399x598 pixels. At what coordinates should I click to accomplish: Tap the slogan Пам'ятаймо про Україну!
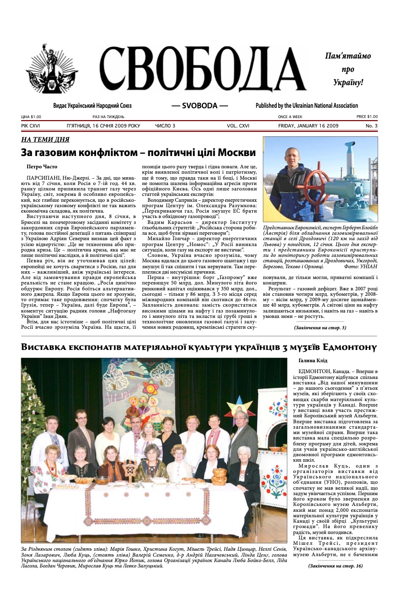click(x=348, y=69)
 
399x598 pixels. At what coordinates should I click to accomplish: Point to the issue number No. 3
click(x=371, y=126)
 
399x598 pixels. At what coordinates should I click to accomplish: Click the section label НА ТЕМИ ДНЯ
click(x=45, y=139)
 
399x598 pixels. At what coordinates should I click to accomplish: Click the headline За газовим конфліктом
click(x=138, y=152)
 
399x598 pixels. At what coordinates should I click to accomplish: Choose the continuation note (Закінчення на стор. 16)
click(x=335, y=566)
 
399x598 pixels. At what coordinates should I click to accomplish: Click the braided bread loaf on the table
click(x=219, y=475)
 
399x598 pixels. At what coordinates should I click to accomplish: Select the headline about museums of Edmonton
click(x=199, y=347)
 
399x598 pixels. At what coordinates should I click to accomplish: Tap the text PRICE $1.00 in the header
click(x=366, y=117)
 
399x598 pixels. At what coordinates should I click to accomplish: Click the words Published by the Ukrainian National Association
click(x=306, y=106)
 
